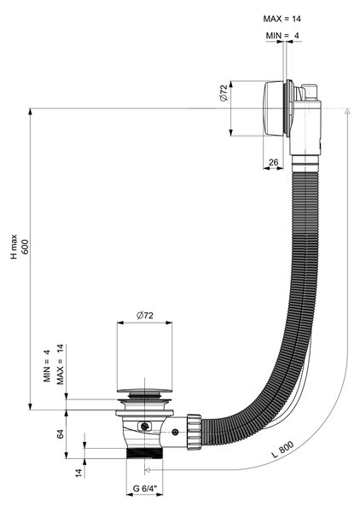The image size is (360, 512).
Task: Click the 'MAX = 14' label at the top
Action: coord(282,19)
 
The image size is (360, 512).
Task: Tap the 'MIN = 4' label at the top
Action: coord(282,36)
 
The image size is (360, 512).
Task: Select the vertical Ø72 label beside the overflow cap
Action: coord(224,94)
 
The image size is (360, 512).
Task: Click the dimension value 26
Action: coord(273,162)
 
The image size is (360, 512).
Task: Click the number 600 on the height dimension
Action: coord(26,247)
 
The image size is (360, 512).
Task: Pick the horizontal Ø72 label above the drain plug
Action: coord(144,316)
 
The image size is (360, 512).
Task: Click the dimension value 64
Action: coord(60,434)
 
